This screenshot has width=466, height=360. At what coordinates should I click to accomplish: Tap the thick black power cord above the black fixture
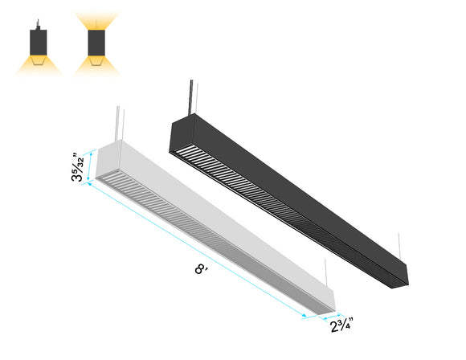(190, 97)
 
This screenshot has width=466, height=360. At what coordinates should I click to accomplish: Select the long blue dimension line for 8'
(209, 253)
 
